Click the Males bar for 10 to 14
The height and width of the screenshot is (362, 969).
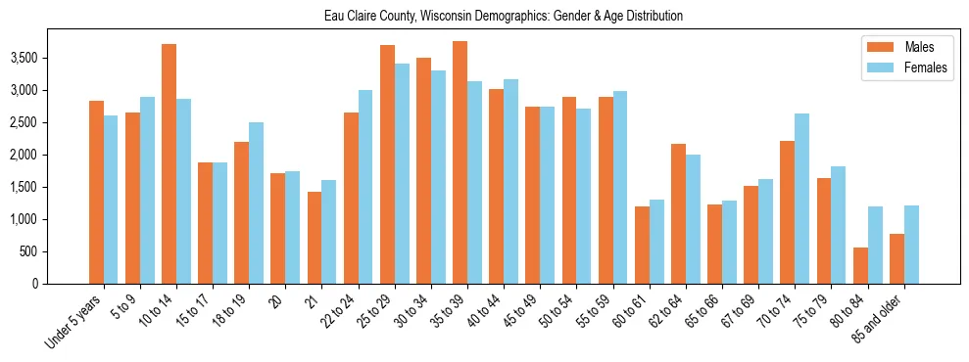click(x=170, y=163)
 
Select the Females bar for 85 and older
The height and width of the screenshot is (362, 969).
click(x=911, y=245)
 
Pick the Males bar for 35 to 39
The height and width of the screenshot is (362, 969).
click(x=460, y=162)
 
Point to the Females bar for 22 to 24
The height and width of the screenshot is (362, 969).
click(x=365, y=187)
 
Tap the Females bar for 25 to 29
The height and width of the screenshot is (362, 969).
click(x=402, y=173)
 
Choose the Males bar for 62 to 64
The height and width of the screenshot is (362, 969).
click(x=679, y=213)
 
